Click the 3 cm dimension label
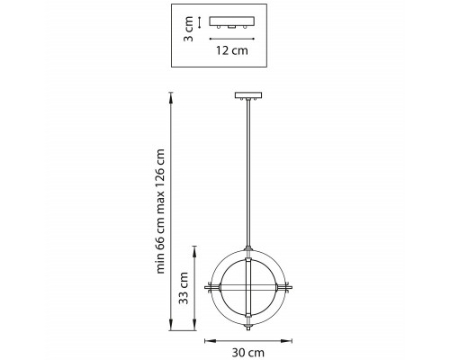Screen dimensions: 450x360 tap(188, 29)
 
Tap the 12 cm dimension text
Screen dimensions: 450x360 tap(232, 50)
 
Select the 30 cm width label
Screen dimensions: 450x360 tap(247, 353)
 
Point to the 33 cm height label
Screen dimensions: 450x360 tap(184, 288)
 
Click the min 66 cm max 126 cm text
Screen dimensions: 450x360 tap(160, 211)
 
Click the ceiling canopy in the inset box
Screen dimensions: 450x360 tap(232, 22)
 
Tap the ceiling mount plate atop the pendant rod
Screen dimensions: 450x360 tap(248, 96)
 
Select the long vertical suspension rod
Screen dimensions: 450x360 tap(248, 174)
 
